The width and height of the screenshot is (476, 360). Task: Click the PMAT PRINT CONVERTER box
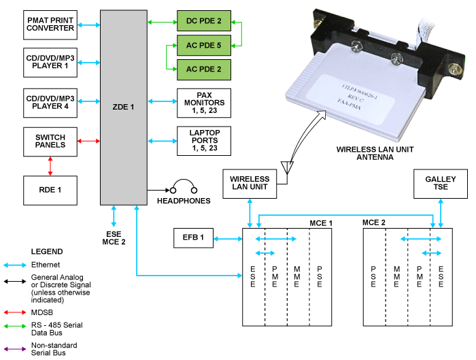click(x=51, y=24)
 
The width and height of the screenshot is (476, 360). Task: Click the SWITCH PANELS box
click(x=51, y=141)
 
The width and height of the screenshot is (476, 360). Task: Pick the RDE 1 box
click(x=51, y=189)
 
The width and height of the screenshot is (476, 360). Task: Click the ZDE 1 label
click(x=124, y=106)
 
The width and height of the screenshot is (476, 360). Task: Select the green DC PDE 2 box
click(x=204, y=22)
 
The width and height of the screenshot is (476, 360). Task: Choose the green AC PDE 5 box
click(x=204, y=46)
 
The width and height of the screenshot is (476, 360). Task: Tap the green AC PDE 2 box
click(x=204, y=69)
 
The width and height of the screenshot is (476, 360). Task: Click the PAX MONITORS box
click(x=204, y=103)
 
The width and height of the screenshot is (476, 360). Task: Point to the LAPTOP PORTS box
click(x=204, y=141)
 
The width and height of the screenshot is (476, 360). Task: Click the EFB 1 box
click(x=194, y=238)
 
